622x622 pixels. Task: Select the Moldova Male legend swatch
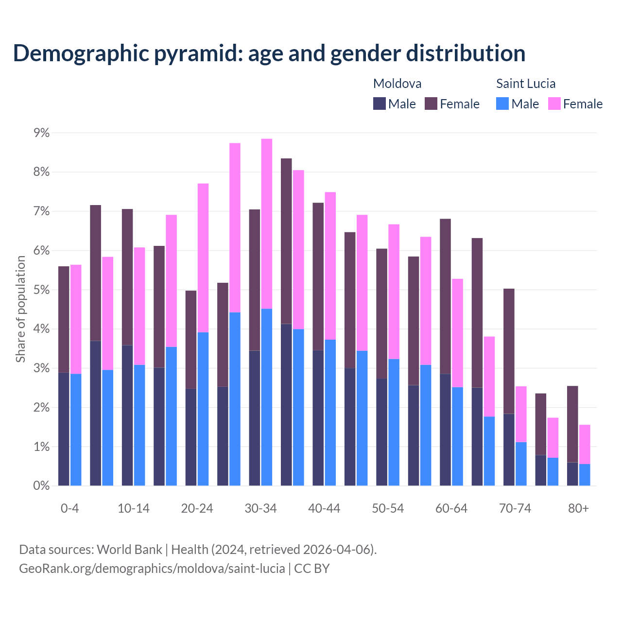coord(380,104)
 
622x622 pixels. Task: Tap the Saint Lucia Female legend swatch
coord(554,104)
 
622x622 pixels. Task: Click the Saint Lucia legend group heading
coord(525,84)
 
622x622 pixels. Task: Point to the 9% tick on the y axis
coord(41,133)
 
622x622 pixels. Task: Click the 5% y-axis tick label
coord(41,290)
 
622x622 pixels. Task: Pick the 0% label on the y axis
coord(41,486)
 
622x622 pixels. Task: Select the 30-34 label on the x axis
coord(260,508)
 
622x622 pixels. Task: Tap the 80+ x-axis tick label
coord(578,508)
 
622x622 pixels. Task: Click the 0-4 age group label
coord(69,508)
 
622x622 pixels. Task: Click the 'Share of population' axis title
coord(20,309)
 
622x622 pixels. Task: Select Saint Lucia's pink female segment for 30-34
coord(267,224)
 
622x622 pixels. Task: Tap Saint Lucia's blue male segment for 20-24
coord(203,409)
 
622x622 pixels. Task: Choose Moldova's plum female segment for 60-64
coord(445,296)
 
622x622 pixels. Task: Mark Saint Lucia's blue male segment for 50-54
coord(394,422)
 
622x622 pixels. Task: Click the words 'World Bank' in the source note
coord(129,550)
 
